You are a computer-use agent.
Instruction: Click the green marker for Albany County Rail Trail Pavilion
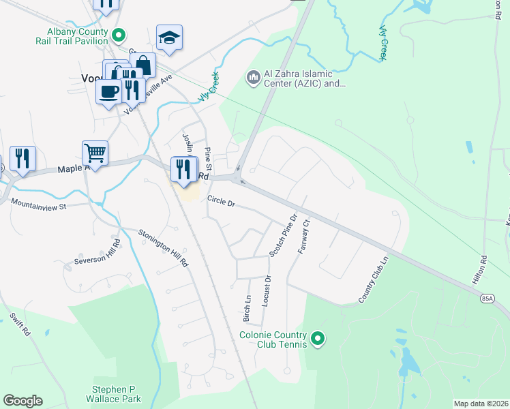point(119,33)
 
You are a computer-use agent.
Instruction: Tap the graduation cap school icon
point(169,38)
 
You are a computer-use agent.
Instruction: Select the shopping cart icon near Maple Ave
point(95,153)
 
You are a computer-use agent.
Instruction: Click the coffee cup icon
point(108,91)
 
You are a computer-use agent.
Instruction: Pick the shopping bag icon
point(144,65)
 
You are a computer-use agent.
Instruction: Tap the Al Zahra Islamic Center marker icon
point(254,78)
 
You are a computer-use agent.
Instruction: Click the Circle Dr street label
point(221,202)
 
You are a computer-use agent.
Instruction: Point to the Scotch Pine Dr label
point(283,235)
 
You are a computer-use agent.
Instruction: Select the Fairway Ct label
point(304,235)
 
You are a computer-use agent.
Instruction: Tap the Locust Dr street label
point(267,290)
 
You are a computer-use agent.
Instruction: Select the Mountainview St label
point(38,204)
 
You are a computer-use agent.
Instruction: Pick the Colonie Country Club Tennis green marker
point(317,338)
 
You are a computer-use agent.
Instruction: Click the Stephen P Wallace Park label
point(117,394)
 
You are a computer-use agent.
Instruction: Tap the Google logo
point(22,401)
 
